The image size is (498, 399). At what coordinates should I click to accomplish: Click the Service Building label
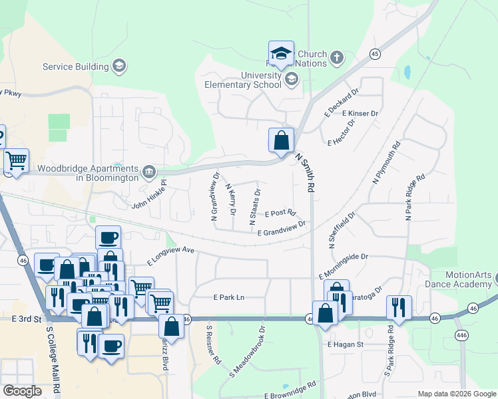[x=75, y=66]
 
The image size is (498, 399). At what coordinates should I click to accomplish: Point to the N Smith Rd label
[x=306, y=172]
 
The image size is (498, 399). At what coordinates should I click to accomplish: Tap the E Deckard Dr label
[x=342, y=100]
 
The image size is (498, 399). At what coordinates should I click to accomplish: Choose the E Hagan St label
[x=345, y=344]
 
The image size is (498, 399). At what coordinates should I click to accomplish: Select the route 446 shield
[x=462, y=335]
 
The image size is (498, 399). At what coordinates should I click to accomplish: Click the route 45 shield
[x=375, y=54]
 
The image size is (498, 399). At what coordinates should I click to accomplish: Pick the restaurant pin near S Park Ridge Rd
[x=398, y=307]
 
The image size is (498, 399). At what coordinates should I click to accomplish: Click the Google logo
[x=22, y=391]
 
